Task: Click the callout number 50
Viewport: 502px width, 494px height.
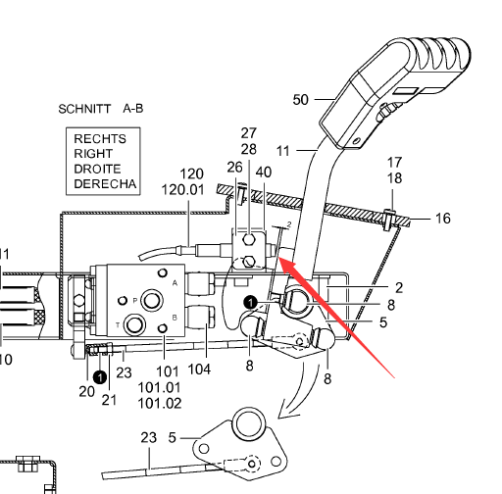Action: [x=301, y=100]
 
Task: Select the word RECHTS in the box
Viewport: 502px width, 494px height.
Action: [x=100, y=139]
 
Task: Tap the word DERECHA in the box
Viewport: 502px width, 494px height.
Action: [x=105, y=184]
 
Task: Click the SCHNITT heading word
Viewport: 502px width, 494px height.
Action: [x=84, y=109]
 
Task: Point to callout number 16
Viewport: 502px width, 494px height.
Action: [x=443, y=219]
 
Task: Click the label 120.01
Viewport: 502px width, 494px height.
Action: [x=183, y=190]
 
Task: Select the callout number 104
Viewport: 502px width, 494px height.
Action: [x=199, y=370]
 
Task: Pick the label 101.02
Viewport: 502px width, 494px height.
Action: [x=160, y=404]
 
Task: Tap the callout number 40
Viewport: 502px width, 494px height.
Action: [x=264, y=173]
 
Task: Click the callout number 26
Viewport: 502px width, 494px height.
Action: [x=234, y=168]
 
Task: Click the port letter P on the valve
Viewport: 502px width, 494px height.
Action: [x=134, y=301]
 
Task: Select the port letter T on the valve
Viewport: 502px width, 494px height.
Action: [x=118, y=324]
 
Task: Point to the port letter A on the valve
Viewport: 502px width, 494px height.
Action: [x=175, y=283]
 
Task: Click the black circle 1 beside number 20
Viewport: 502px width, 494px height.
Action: [x=100, y=377]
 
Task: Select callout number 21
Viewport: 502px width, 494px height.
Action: [x=109, y=400]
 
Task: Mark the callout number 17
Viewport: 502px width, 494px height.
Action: [x=394, y=163]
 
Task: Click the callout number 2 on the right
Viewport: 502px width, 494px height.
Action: [x=399, y=288]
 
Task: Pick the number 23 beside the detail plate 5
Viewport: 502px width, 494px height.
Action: [x=149, y=437]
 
